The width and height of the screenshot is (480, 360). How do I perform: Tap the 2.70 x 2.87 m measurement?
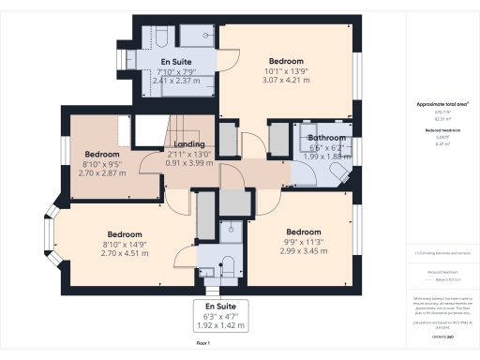pyautogui.click(x=102, y=173)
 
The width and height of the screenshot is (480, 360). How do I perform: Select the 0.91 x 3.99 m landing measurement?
pyautogui.click(x=189, y=164)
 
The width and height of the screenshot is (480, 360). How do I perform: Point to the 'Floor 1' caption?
pyautogui.click(x=202, y=344)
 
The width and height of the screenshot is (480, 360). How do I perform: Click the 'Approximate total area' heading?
pyautogui.click(x=437, y=104)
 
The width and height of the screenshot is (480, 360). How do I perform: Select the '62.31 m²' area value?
pyautogui.click(x=437, y=120)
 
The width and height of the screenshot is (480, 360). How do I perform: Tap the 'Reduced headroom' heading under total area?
pyautogui.click(x=437, y=131)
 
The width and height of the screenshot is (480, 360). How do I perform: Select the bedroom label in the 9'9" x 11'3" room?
pyautogui.click(x=303, y=232)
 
